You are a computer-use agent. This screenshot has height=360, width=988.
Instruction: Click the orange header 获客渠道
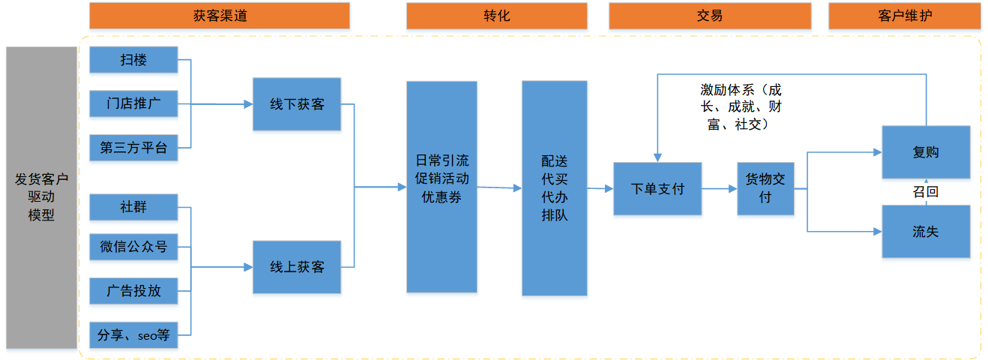pos(219,16)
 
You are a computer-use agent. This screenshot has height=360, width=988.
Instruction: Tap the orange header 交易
pos(709,16)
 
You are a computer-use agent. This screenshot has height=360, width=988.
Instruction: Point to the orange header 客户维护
pos(904,16)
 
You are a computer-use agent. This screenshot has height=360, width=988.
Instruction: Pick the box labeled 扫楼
pos(133,60)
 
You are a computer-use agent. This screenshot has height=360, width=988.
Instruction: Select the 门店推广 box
pos(133,104)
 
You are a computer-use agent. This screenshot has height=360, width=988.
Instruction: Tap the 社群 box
pos(133,207)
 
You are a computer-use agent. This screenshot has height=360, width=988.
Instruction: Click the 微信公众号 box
pos(133,247)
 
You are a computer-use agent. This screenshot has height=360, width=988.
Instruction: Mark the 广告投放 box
pos(133,290)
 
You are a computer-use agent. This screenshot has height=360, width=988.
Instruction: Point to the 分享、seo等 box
pos(133,335)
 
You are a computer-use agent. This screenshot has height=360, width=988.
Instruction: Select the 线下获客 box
pos(297,104)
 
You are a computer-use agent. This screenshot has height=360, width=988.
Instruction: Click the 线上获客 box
pos(297,266)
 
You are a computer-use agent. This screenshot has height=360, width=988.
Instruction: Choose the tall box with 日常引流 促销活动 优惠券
pos(442,187)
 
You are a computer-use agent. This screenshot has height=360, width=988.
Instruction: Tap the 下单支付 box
pos(657,189)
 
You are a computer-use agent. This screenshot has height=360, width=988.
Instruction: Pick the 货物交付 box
pos(765,189)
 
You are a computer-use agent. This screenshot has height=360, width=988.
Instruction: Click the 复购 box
pos(926,152)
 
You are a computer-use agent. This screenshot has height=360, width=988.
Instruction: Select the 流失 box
pos(926,232)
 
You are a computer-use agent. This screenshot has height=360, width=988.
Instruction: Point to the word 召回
pos(926,192)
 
